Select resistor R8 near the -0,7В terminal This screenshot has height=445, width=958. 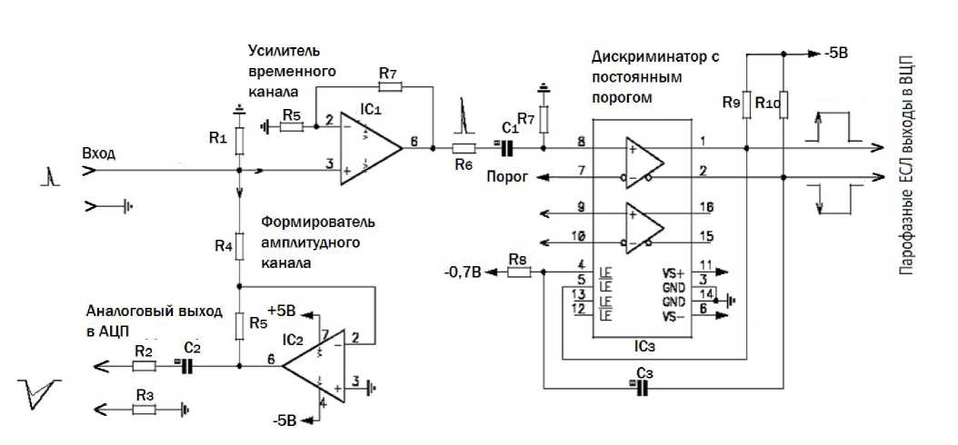coord(518,270)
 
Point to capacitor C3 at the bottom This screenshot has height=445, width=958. coord(644,388)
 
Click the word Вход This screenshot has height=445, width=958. coord(98,153)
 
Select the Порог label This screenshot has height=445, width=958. coord(506,176)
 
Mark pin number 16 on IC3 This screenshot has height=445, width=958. coord(709,209)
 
